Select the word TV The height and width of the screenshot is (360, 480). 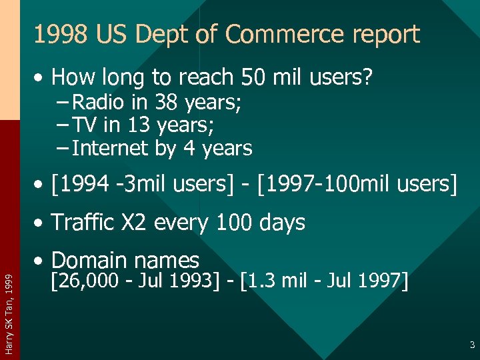point(85,125)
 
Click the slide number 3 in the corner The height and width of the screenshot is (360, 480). point(471,345)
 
